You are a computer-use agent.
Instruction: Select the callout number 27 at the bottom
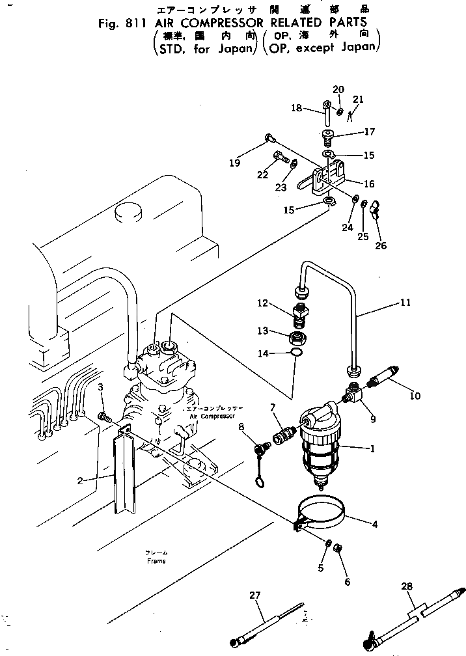coord(254,594)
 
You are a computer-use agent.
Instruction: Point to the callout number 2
coord(79,481)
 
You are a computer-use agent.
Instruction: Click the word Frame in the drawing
coord(156,561)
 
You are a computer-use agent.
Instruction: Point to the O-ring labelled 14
coord(296,353)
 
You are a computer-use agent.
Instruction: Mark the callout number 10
coord(415,396)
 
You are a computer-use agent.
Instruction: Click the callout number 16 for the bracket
coord(369,184)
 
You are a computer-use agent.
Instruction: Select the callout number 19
coord(234,163)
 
